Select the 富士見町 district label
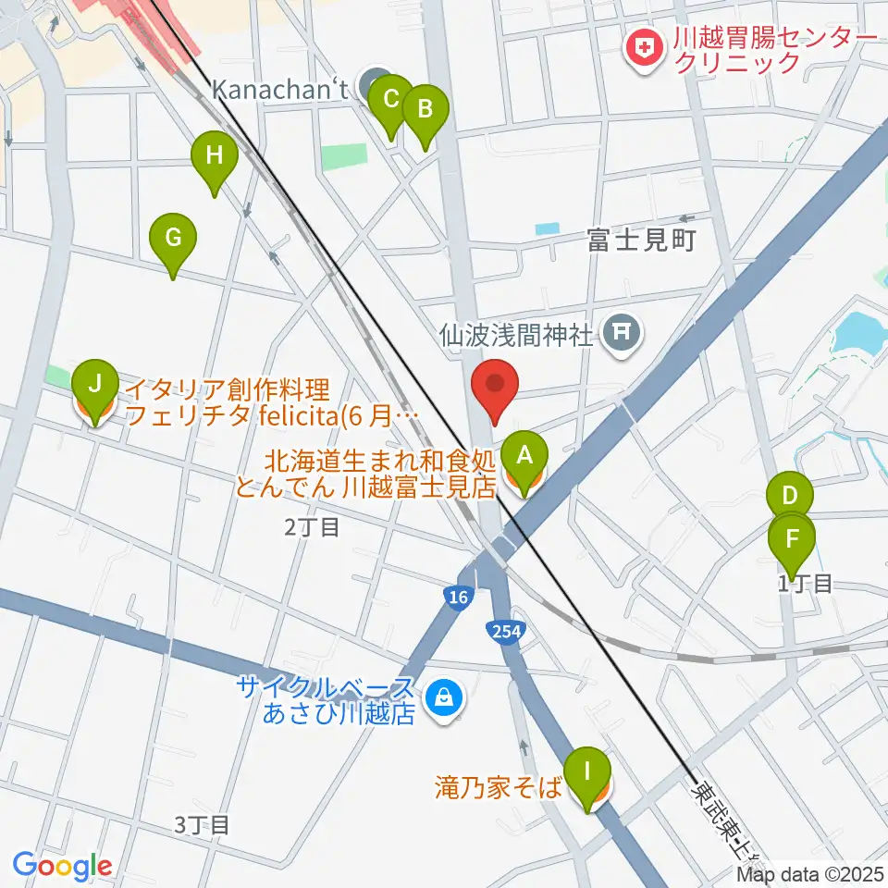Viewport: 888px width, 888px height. pos(640,241)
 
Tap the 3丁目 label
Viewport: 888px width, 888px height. pos(202,824)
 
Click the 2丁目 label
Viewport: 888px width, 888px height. pos(312,527)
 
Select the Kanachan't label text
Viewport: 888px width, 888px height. pos(280,90)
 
